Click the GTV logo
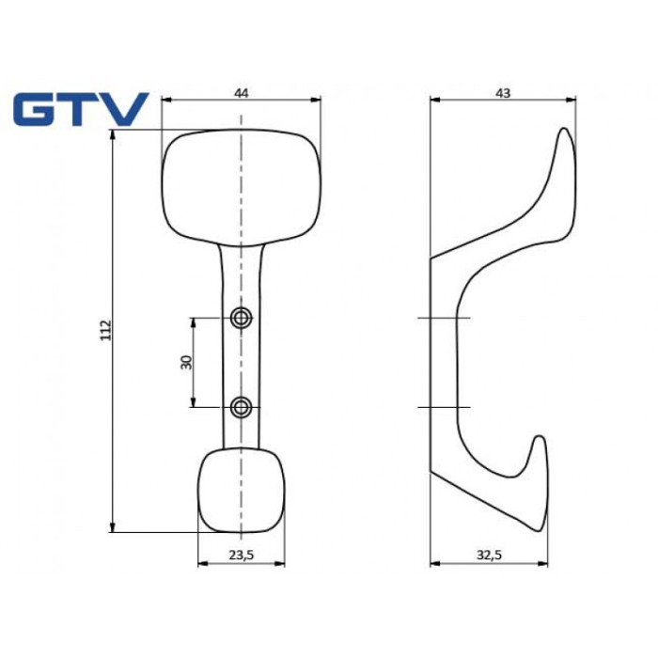point(81,109)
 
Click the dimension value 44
point(241,93)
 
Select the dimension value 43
point(503,93)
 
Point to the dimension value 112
point(105,330)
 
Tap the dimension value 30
point(186,362)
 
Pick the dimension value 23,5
point(242,555)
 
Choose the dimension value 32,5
point(490,555)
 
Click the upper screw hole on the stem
point(242,318)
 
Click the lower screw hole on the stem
point(242,407)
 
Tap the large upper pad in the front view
point(242,187)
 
